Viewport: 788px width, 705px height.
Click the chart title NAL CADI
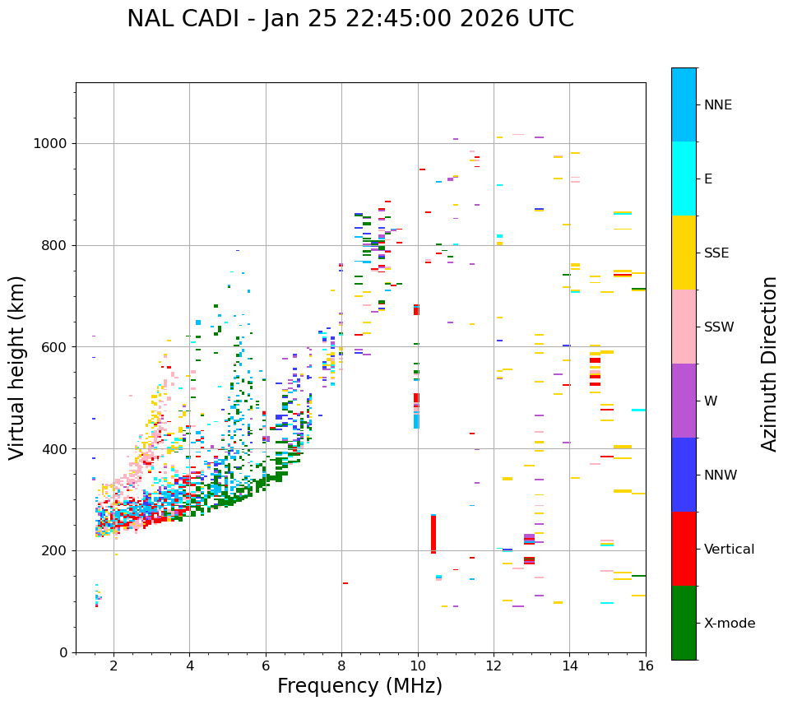[x=350, y=19]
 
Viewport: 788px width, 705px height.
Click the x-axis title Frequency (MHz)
[x=359, y=686]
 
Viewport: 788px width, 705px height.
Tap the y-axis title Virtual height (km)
[x=17, y=368]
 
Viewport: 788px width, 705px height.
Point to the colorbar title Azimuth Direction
[x=769, y=364]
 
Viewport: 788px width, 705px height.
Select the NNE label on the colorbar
[x=717, y=105]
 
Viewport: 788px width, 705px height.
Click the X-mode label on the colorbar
[x=729, y=624]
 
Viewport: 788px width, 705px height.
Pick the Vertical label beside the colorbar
[x=729, y=550]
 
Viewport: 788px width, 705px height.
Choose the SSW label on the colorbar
[x=719, y=327]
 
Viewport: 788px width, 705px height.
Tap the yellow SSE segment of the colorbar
[x=684, y=252]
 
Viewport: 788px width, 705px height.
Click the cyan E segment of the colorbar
[x=684, y=178]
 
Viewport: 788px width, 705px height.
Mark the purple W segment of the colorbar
[x=684, y=401]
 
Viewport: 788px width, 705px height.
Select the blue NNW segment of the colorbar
[x=684, y=475]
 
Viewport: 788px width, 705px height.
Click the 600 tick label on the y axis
[x=57, y=347]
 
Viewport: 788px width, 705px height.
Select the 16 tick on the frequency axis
[x=646, y=666]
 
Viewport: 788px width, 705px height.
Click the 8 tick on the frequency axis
[x=341, y=666]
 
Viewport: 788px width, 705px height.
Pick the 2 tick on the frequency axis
[x=114, y=666]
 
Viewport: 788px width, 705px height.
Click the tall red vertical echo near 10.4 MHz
[x=433, y=535]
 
